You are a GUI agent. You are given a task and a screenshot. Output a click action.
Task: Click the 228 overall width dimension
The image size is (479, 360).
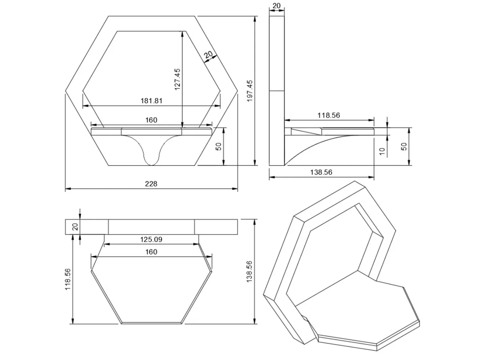(151, 184)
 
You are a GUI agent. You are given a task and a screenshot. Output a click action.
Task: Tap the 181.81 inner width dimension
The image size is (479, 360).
(151, 101)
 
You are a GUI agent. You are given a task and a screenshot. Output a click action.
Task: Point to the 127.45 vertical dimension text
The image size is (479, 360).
(177, 79)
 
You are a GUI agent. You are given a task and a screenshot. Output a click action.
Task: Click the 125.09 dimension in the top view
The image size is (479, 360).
(151, 239)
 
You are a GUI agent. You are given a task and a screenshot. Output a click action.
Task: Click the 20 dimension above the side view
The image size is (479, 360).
(276, 6)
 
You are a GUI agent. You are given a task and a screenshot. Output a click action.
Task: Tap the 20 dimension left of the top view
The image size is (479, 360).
(75, 226)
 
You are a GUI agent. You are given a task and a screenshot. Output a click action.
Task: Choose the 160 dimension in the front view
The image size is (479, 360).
(151, 120)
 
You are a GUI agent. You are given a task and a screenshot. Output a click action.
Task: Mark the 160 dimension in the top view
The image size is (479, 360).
(151, 252)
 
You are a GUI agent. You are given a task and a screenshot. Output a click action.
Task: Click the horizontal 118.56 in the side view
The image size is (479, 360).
(329, 115)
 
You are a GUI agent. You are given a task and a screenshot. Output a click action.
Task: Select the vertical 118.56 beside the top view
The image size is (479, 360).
(68, 279)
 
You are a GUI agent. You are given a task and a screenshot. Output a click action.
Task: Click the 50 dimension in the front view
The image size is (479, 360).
(219, 146)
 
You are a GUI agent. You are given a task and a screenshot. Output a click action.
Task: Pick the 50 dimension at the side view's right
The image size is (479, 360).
(404, 146)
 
